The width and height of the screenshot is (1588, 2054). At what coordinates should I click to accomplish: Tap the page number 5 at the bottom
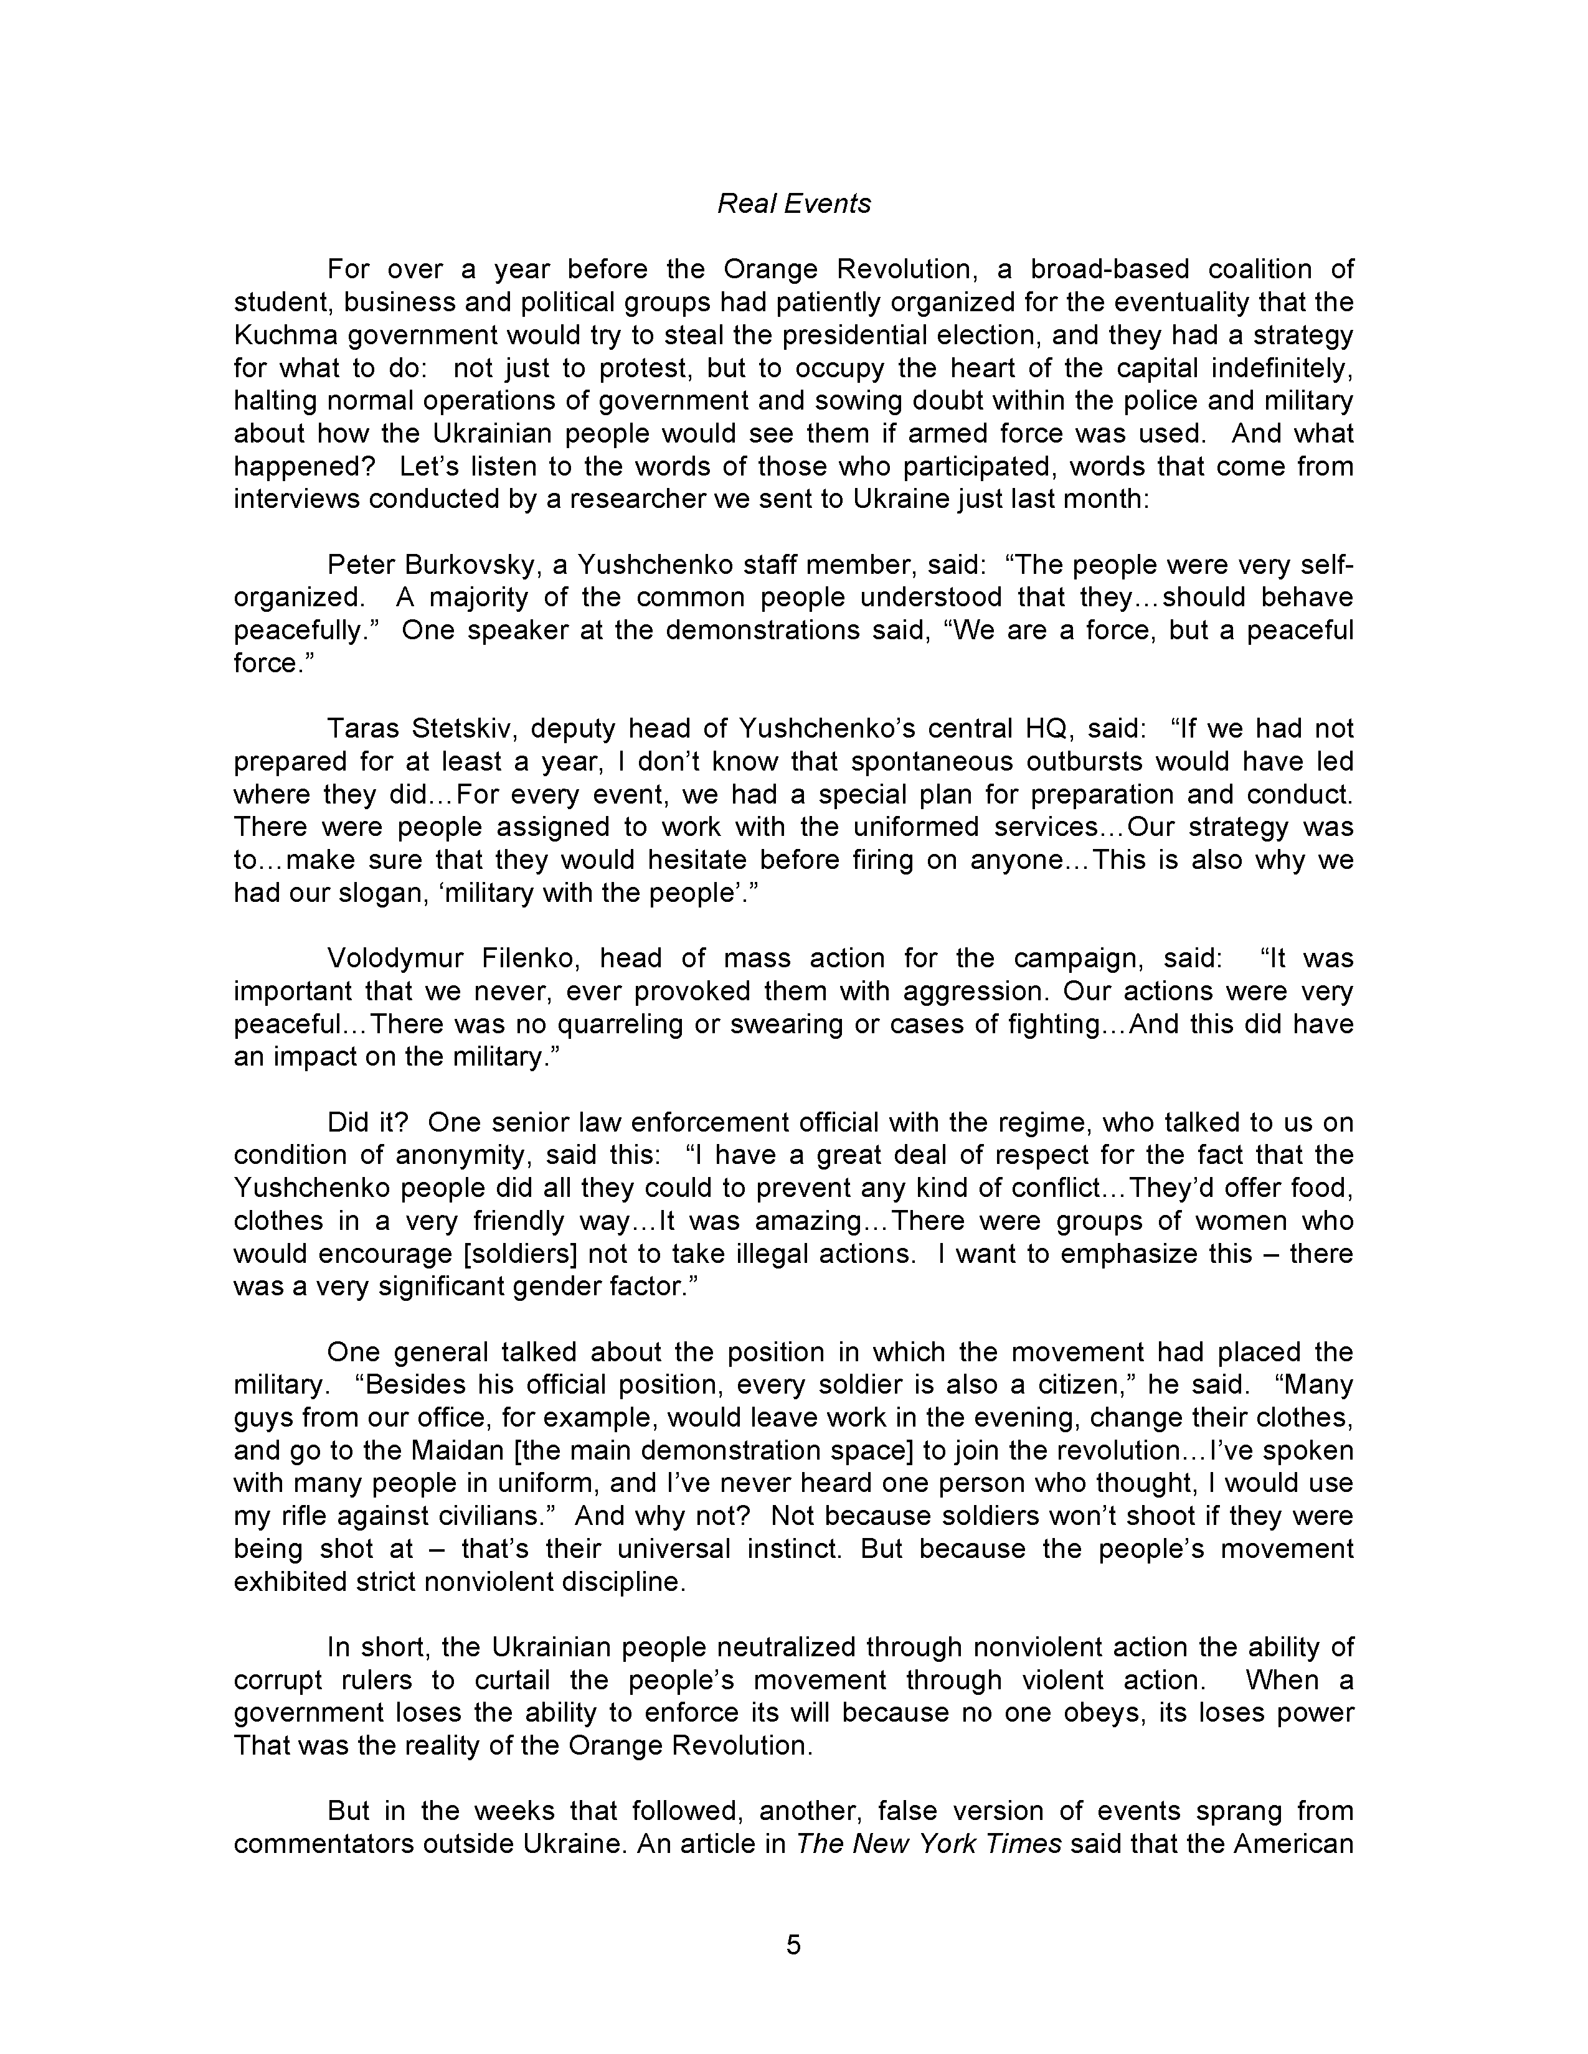(793, 1944)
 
